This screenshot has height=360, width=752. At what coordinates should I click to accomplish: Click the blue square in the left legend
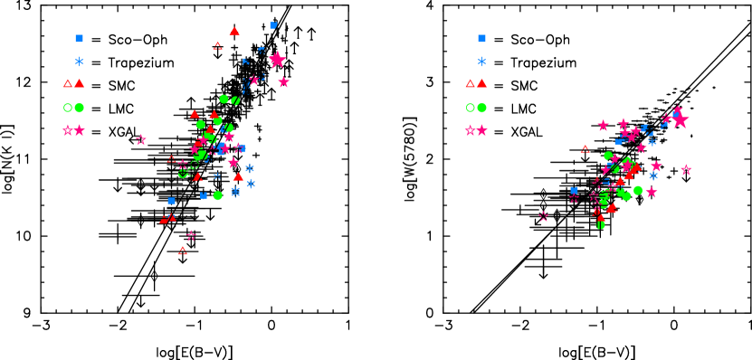click(79, 38)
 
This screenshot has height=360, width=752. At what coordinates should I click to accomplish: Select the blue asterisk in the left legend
click(79, 62)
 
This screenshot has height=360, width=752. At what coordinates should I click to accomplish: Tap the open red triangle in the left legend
click(67, 83)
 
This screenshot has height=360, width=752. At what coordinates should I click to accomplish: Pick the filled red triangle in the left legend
click(79, 83)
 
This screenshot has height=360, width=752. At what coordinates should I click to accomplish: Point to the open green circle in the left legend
click(67, 108)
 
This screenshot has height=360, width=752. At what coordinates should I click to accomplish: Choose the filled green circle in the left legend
click(79, 108)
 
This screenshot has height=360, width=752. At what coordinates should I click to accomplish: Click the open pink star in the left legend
click(67, 130)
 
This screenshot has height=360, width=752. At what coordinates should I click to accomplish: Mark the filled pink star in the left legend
click(79, 130)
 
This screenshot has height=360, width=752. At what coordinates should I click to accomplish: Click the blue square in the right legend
click(481, 38)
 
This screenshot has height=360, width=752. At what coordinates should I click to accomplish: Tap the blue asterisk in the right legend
click(481, 62)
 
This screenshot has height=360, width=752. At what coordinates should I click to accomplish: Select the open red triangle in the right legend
click(470, 83)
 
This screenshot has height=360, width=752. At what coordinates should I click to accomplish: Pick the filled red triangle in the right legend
click(481, 83)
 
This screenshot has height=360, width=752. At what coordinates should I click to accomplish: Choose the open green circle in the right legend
click(470, 108)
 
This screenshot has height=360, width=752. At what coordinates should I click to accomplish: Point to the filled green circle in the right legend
click(481, 108)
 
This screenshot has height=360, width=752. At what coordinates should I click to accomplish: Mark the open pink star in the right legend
click(470, 130)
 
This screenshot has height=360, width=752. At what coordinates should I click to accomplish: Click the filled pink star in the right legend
click(481, 130)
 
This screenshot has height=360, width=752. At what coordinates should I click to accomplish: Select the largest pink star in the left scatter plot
click(277, 60)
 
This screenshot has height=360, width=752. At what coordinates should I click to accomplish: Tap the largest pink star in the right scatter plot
click(680, 119)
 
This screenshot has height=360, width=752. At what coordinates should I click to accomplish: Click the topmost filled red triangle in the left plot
click(234, 32)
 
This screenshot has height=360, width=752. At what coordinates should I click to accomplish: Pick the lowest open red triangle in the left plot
click(183, 251)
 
